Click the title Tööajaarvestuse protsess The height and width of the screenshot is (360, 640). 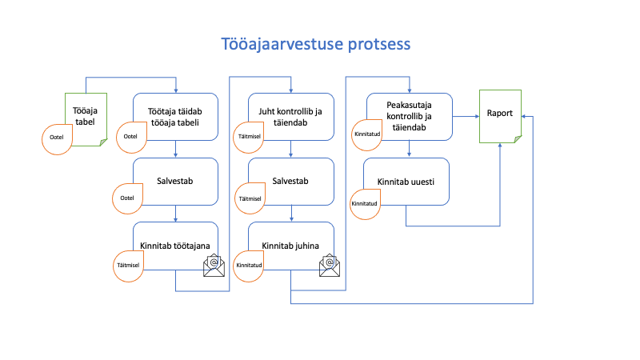tap(315, 44)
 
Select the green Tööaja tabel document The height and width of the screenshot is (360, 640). tap(86, 119)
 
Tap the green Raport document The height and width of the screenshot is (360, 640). tap(501, 116)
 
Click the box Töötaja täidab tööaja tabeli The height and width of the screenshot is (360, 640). tap(175, 117)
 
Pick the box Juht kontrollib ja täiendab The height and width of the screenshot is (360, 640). tap(291, 117)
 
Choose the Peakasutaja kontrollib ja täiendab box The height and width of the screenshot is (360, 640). tap(410, 117)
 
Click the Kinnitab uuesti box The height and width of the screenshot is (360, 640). tap(406, 182)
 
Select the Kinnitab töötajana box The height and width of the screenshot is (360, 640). tap(175, 246)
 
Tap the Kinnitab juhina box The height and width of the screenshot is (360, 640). tap(291, 246)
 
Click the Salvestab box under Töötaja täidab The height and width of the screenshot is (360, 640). tap(175, 182)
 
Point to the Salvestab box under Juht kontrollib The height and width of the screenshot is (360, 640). tap(291, 182)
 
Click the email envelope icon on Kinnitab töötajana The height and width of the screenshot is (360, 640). tap(214, 266)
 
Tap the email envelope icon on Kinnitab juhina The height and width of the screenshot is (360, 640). tap(330, 266)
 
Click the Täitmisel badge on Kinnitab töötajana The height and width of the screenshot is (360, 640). tap(128, 266)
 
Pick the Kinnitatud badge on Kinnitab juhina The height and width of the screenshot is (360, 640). tap(248, 266)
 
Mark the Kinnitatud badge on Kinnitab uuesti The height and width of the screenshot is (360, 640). tap(366, 205)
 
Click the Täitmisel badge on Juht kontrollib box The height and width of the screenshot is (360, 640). tap(248, 138)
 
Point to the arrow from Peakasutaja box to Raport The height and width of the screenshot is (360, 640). tap(466, 116)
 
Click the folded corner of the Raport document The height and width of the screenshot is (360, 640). tap(518, 139)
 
